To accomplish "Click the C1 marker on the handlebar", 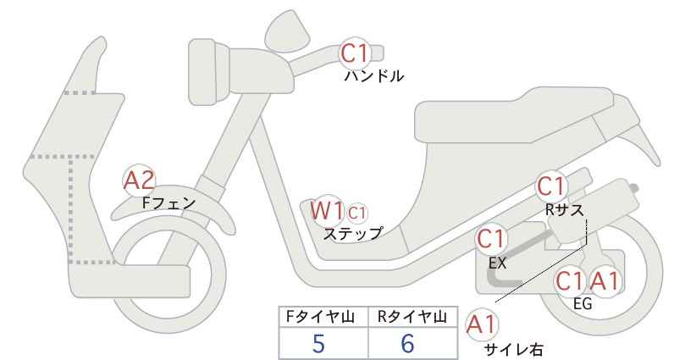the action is (x=355, y=53).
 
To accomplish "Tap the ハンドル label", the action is (x=373, y=76).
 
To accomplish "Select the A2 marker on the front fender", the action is (x=139, y=180).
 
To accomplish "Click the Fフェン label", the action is (x=168, y=203).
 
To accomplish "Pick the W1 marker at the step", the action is (x=327, y=210).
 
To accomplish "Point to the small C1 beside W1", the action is (x=356, y=213).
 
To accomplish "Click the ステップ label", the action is (x=352, y=234).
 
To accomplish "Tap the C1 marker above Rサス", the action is (x=551, y=186).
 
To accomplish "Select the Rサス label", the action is (x=564, y=210).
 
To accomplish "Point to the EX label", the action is (x=497, y=263).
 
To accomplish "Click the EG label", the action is (x=583, y=304).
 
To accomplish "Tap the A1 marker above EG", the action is (x=605, y=281).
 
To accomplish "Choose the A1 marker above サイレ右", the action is (x=481, y=325).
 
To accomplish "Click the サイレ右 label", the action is (x=513, y=349).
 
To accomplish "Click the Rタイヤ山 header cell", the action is (x=413, y=317).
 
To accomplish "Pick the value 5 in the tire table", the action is (x=318, y=344).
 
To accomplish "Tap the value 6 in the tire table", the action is (x=407, y=344).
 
